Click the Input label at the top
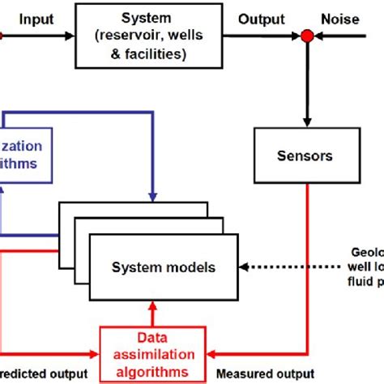35,19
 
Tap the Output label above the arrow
261,19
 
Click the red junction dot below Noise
307,36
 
